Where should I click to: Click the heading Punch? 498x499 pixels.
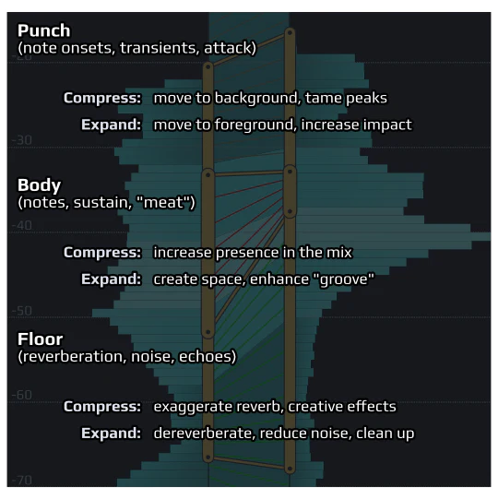(44, 30)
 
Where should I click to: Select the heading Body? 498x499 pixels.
(39, 185)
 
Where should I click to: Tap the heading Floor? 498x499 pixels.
(40, 339)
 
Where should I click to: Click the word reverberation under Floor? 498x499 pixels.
(74, 356)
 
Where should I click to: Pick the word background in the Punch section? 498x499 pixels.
(257, 98)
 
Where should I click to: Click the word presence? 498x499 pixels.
(246, 253)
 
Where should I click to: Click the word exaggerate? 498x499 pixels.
(193, 407)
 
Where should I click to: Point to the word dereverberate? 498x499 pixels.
(205, 434)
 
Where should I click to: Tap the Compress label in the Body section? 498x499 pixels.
(102, 253)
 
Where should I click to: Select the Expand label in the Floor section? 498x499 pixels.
(111, 434)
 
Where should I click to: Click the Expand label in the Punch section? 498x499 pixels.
(111, 125)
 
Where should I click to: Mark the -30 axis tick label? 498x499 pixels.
(22, 140)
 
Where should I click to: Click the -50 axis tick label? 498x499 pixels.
(22, 311)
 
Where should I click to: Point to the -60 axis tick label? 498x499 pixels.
(22, 396)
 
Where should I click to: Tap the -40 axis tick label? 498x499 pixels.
(22, 226)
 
